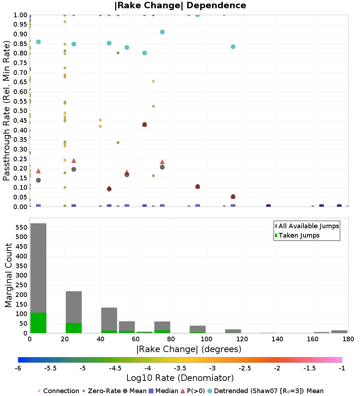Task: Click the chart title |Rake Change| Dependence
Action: point(180,5)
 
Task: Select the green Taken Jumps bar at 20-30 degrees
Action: point(74,328)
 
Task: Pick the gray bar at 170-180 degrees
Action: point(339,332)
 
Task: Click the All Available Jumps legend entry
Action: point(307,226)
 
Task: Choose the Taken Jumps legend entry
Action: point(297,235)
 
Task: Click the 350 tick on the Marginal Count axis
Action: point(22,266)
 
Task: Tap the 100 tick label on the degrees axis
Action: point(206,339)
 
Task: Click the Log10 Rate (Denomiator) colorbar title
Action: point(180,378)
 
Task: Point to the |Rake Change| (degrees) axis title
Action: point(189,349)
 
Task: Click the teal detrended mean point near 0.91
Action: point(162,32)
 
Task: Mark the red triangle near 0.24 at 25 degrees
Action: point(74,161)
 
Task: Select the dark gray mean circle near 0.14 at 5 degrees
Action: point(39,180)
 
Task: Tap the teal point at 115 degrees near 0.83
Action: point(233,47)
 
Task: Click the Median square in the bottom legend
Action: point(151,391)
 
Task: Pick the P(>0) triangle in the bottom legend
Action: point(183,391)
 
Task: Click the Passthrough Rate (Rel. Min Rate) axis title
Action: point(6,111)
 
